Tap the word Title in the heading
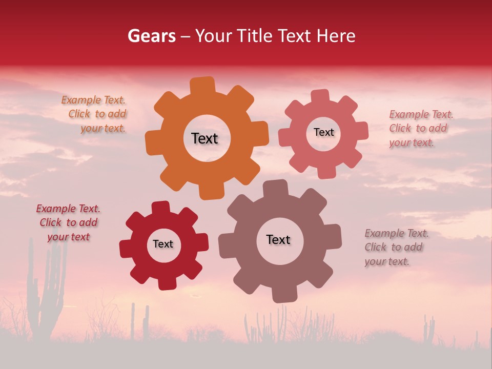point(255,36)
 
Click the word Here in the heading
point(336,36)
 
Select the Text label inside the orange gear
point(204,138)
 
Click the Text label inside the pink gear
point(323,132)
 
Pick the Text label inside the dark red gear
point(163,244)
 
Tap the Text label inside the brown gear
point(278,239)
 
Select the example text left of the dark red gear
point(68,223)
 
